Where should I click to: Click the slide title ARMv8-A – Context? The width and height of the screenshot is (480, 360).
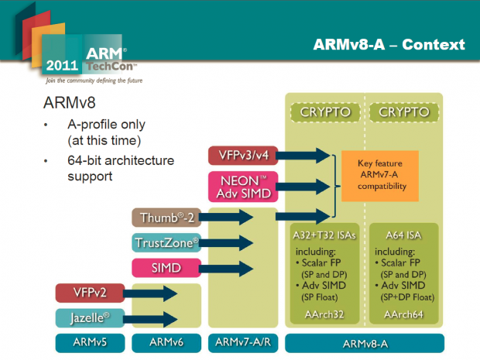pyautogui.click(x=389, y=44)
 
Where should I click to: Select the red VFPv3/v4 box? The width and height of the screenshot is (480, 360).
pyautogui.click(x=243, y=156)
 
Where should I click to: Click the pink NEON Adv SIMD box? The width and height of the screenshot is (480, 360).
pyautogui.click(x=243, y=187)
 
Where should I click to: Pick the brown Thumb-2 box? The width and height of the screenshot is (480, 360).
pyautogui.click(x=165, y=218)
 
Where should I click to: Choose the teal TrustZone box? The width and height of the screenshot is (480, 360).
pyautogui.click(x=165, y=243)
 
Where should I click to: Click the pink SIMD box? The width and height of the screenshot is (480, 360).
pyautogui.click(x=165, y=268)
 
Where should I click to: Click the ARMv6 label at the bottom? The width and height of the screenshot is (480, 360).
pyautogui.click(x=166, y=343)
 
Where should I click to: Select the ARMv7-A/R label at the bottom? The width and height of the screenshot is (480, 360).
pyautogui.click(x=243, y=343)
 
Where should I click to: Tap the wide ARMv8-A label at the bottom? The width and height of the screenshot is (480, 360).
pyautogui.click(x=365, y=343)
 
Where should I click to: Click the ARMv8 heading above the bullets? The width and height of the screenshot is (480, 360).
pyautogui.click(x=70, y=103)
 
